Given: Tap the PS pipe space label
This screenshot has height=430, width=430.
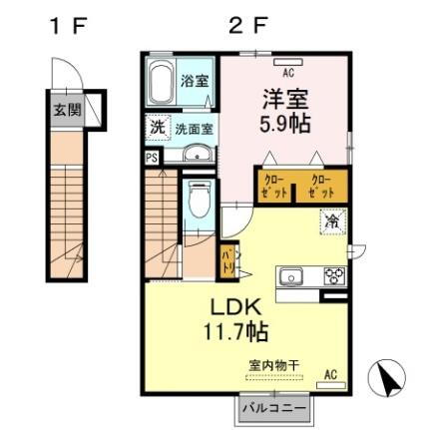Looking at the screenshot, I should (x=152, y=158).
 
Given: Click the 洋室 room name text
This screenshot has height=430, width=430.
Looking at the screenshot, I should (x=284, y=101).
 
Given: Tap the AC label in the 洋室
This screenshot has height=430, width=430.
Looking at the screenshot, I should (x=288, y=73).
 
